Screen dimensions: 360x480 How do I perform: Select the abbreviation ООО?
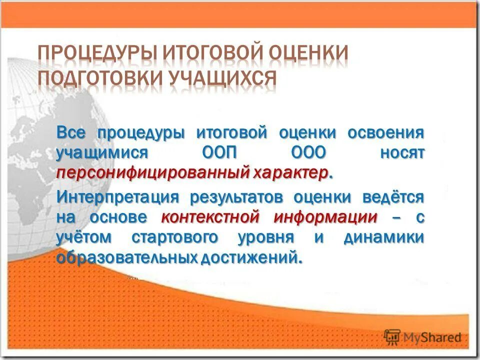pyautogui.click(x=306, y=152)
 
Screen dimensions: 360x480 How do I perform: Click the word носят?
pyautogui.click(x=402, y=152)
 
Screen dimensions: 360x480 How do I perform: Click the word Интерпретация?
pyautogui.click(x=117, y=196)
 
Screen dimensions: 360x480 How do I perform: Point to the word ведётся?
pyautogui.click(x=394, y=196)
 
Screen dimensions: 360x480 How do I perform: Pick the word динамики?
pyautogui.click(x=384, y=237)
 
